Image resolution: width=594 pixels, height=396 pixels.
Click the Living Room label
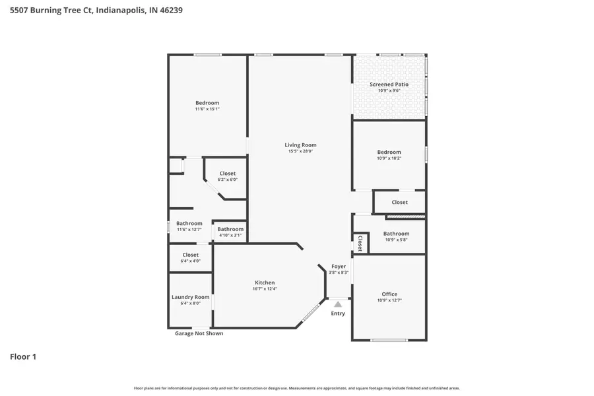(300, 145)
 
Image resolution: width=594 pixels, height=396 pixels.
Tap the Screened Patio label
(389, 84)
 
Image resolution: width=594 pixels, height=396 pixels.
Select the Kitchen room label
(263, 282)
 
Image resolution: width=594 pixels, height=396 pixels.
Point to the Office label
(389, 294)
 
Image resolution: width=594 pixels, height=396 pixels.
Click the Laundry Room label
(191, 297)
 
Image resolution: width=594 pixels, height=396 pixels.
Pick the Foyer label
(339, 267)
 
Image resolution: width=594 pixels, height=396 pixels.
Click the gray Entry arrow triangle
(338, 304)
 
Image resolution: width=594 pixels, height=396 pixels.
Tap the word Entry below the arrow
(338, 313)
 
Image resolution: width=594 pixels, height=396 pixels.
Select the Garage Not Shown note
(199, 333)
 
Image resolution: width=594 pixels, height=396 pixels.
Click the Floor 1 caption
(23, 357)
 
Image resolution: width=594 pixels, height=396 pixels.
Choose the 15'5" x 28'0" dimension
(300, 151)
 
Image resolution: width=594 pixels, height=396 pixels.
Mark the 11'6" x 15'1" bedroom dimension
(207, 109)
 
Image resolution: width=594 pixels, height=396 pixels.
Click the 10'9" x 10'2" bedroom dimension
(389, 158)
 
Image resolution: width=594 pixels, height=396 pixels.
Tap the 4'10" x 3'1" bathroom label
(230, 235)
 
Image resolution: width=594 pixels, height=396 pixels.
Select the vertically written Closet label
(360, 244)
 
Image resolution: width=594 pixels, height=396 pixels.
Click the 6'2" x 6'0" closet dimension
(227, 180)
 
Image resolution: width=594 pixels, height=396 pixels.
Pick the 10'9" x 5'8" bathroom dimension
(396, 240)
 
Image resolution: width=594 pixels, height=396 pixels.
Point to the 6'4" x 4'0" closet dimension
(190, 261)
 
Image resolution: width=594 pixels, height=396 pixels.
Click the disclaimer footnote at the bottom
(297, 388)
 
